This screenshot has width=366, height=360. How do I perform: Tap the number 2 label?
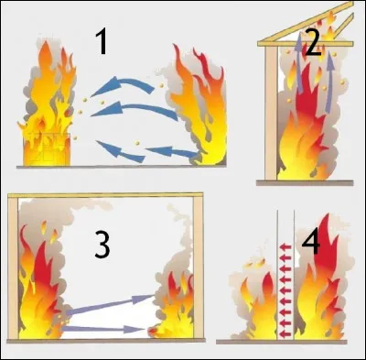314,41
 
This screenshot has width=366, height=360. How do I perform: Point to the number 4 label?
311,242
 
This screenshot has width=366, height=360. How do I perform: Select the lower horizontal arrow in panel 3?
101,327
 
